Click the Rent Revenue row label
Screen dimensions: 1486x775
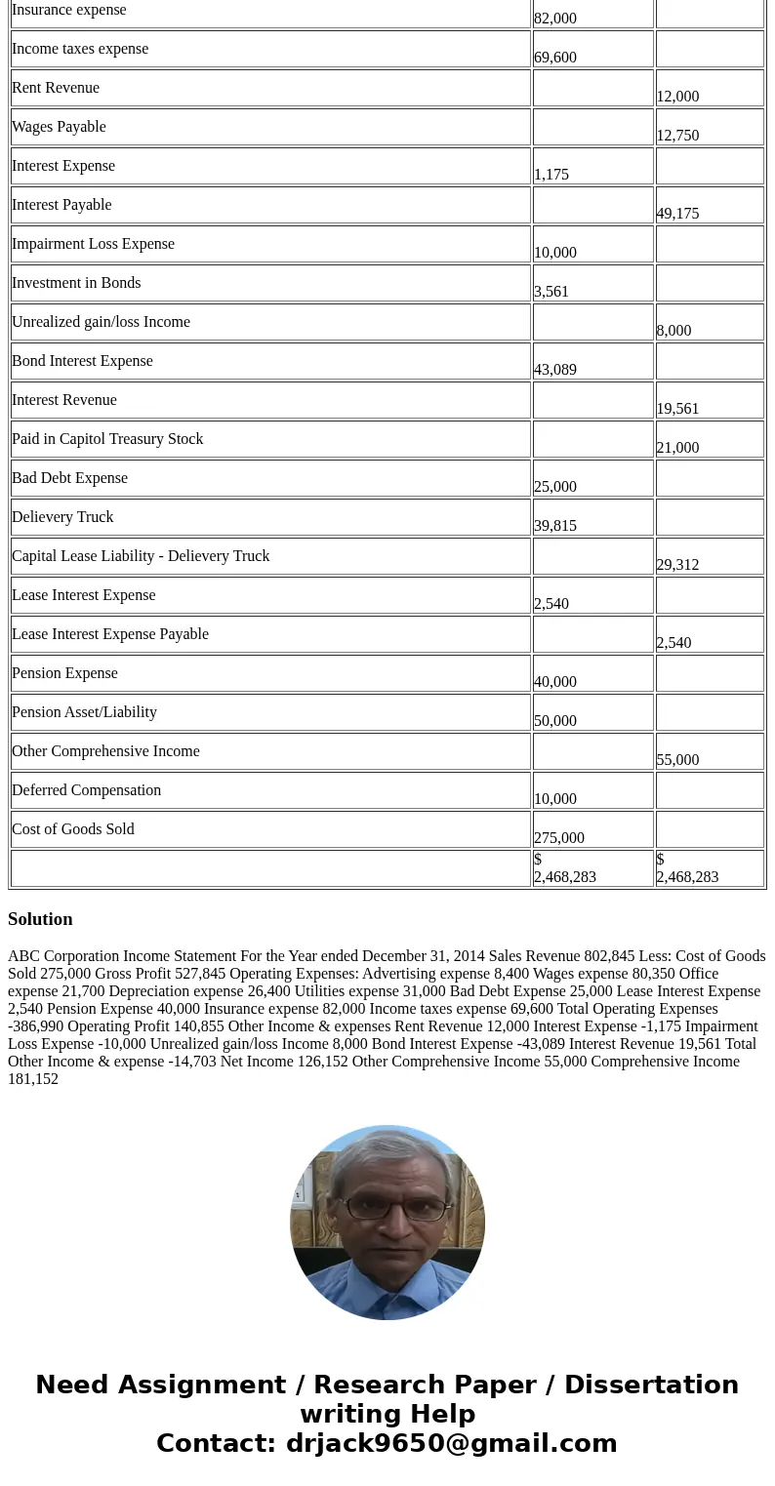point(56,88)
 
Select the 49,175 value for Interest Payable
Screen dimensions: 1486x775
point(677,213)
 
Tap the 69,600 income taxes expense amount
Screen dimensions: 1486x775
point(555,57)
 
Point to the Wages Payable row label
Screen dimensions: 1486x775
point(59,127)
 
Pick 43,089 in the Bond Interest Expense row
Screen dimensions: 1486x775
point(555,369)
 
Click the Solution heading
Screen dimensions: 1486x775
point(40,919)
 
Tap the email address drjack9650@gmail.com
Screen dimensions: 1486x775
point(451,1443)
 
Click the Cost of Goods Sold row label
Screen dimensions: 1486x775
point(73,829)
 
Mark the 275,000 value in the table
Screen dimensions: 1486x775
point(559,837)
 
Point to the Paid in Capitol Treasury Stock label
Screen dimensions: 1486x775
point(107,439)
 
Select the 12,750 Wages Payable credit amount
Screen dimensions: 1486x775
point(677,135)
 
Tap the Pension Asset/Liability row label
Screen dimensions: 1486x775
point(84,712)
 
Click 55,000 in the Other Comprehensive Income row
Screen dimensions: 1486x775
point(677,759)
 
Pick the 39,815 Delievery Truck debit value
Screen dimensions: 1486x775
point(555,525)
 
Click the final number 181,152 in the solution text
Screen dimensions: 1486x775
point(33,1078)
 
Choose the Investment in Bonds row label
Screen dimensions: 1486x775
point(76,283)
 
